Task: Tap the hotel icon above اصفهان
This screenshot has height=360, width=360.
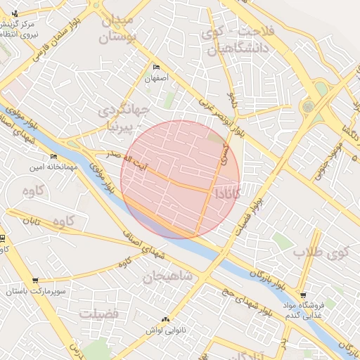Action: pos(156,67)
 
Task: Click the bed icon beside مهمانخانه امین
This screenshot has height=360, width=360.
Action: pos(53,157)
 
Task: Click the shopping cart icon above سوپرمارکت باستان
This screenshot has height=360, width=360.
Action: pos(35,280)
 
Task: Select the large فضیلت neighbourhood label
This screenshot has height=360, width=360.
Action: pos(98,314)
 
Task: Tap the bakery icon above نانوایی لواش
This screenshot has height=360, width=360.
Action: pos(165,319)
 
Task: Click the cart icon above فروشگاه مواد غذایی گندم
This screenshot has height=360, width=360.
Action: pos(302,295)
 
